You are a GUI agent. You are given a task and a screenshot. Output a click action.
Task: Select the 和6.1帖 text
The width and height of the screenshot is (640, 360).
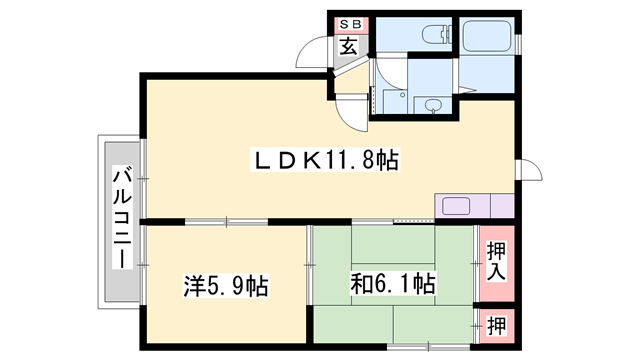(393, 285)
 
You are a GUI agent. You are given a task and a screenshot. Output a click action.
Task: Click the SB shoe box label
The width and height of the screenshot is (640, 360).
(349, 24)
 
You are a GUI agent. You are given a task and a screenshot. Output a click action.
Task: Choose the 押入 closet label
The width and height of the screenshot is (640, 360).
(496, 261)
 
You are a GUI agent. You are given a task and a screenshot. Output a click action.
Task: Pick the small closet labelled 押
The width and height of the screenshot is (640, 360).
(496, 325)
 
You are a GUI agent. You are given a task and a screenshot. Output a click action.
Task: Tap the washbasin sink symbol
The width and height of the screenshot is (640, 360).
(433, 105)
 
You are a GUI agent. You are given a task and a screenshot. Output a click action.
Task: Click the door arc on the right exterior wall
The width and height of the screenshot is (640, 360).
(531, 173)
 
